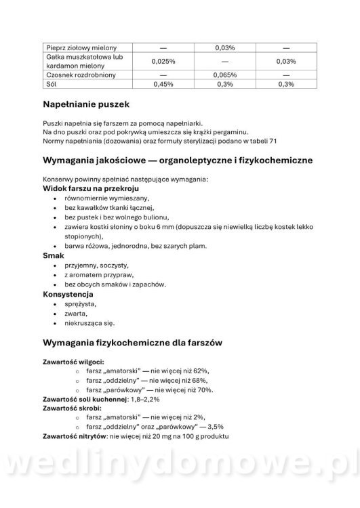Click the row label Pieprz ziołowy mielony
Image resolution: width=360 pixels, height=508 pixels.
[81, 48]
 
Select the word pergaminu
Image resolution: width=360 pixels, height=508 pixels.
[232, 132]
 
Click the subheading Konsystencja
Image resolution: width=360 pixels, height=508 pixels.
[68, 295]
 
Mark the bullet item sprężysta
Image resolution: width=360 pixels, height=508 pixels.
[80, 305]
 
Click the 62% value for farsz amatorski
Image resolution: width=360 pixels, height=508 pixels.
[201, 371]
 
